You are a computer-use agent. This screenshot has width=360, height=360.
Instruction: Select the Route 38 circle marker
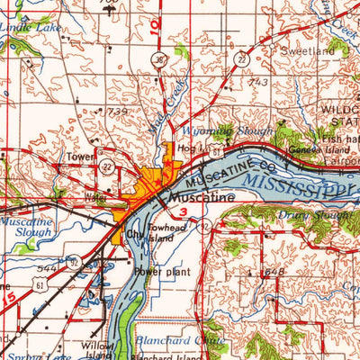pos(158,61)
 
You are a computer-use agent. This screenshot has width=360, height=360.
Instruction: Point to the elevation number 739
pos(119,111)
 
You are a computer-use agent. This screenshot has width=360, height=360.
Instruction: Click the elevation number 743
pos(259,82)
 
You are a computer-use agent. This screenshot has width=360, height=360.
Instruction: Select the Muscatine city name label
pos(198,196)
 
